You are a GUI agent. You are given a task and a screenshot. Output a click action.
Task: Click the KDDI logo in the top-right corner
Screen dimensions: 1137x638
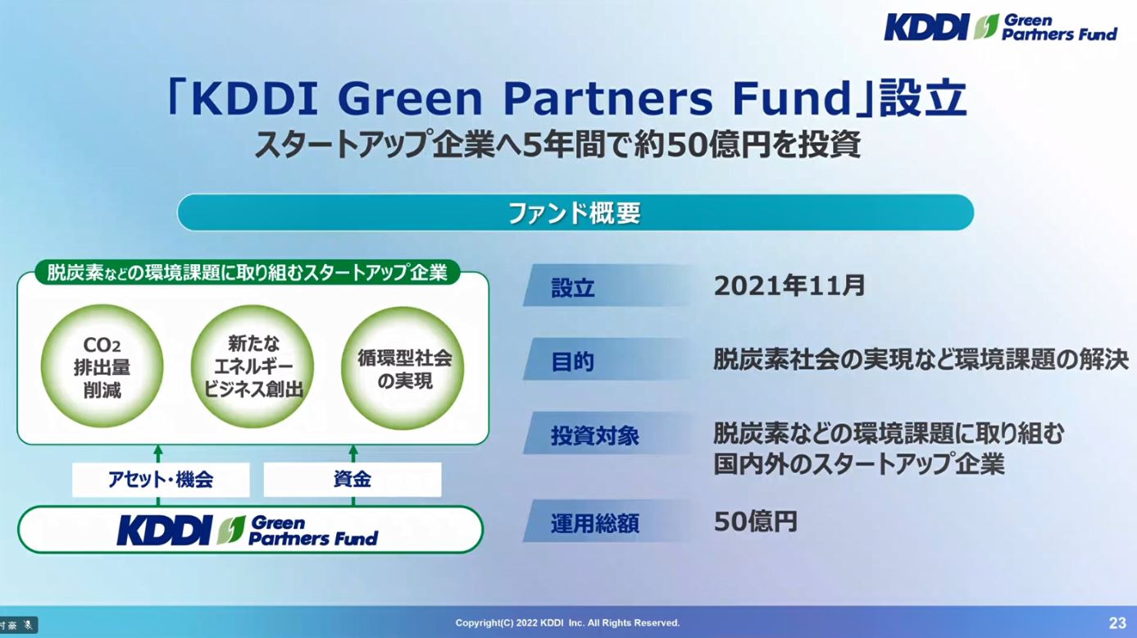926,27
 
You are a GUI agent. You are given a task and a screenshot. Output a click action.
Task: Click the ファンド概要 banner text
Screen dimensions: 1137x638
574,213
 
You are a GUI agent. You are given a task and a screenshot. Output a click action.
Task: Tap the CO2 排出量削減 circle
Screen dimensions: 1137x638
102,367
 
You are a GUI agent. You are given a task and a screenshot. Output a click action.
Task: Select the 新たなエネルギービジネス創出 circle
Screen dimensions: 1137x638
252,367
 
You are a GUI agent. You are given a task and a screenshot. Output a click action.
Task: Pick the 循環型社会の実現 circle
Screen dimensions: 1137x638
403,367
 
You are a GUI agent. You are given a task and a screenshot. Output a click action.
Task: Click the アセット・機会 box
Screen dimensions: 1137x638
161,480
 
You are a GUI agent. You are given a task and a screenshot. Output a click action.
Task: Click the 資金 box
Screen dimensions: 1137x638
352,480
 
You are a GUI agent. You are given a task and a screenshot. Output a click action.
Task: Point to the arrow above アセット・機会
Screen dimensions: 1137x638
158,453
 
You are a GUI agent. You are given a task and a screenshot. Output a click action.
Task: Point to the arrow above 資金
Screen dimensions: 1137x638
353,453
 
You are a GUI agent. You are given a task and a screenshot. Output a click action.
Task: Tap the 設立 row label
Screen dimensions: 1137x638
572,288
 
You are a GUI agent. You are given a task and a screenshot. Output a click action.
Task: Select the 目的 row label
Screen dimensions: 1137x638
572,362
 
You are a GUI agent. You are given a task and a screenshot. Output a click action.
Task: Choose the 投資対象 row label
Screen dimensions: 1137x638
595,435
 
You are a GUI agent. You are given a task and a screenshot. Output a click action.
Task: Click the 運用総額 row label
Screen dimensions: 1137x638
595,524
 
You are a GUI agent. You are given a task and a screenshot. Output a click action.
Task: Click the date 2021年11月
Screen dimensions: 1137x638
789,285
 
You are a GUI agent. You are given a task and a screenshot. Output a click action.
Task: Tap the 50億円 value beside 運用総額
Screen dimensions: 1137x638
756,522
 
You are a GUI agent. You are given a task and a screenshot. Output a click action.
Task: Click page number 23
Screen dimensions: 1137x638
1117,623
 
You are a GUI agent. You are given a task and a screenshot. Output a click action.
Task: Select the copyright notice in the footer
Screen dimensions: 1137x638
567,622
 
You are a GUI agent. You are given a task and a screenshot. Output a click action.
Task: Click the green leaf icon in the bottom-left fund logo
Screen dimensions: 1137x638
231,531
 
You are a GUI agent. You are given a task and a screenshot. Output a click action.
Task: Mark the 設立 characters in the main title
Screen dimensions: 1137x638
923,97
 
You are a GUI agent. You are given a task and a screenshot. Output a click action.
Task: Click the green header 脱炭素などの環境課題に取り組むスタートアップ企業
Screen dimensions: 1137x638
248,273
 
